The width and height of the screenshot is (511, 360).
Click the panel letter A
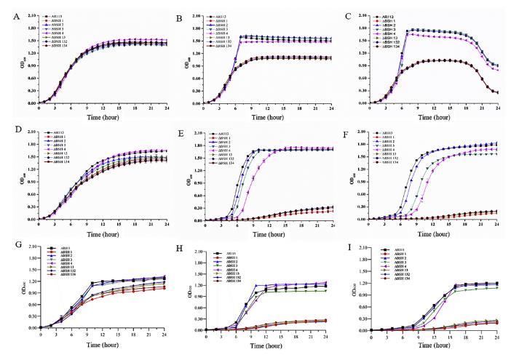pyautogui.click(x=12, y=9)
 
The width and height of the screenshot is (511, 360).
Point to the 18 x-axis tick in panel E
pyautogui.click(x=301, y=226)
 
